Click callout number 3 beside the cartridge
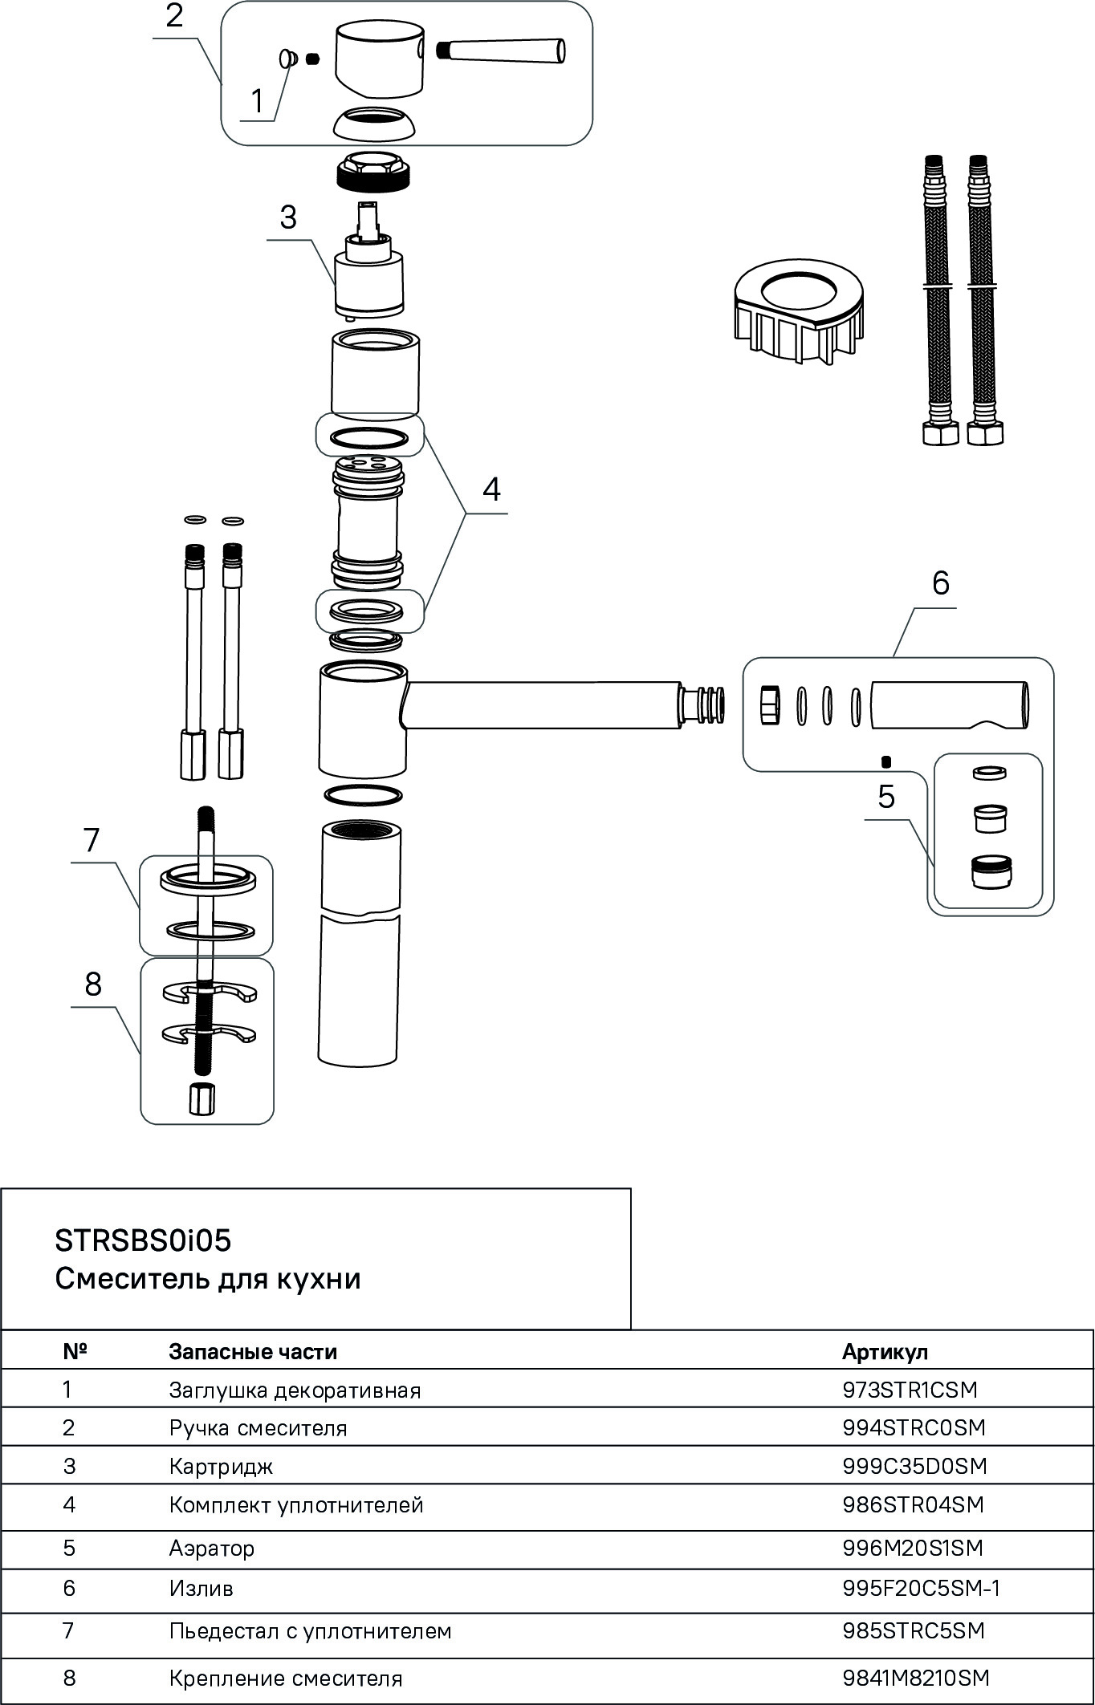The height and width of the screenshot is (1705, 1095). tap(287, 217)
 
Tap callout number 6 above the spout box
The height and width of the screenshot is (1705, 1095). tap(940, 583)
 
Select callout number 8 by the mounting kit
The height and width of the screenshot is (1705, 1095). tap(93, 983)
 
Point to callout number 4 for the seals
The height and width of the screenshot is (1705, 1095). tap(491, 488)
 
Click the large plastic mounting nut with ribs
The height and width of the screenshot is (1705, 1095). tap(799, 309)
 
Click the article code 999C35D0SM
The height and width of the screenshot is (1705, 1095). tap(914, 1466)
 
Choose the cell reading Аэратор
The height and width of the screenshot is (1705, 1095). tap(211, 1548)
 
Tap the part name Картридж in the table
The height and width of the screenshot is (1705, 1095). tap(221, 1466)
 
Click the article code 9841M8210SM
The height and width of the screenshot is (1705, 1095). tap(915, 1677)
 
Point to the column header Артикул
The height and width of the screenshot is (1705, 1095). tap(885, 1351)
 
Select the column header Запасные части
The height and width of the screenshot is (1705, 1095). tap(253, 1351)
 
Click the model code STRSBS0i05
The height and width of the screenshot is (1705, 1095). tap(143, 1240)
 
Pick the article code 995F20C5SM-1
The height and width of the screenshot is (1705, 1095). tap(921, 1588)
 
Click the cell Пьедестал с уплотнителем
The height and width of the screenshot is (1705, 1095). tap(310, 1630)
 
